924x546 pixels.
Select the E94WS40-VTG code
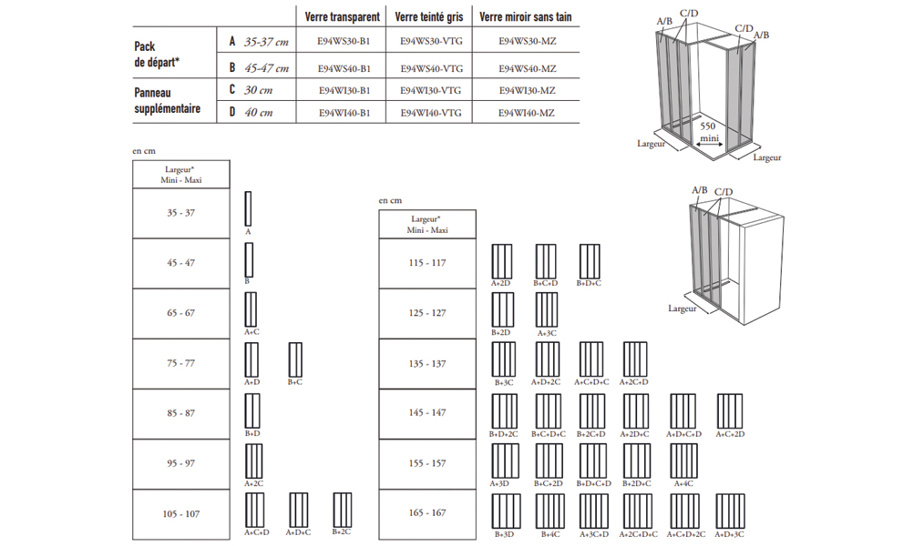click(x=431, y=68)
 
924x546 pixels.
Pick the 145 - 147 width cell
click(x=426, y=413)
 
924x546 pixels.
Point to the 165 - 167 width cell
click(x=426, y=513)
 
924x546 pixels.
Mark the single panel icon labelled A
click(x=248, y=208)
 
